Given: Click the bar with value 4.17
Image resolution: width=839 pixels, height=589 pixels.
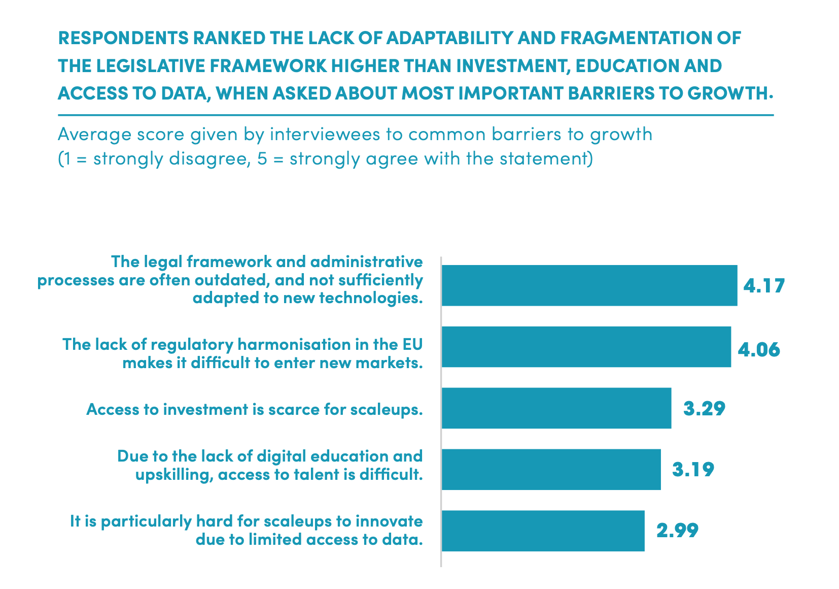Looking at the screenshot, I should (589, 285).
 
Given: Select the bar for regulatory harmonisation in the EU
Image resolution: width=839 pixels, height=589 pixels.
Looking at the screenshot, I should (586, 347).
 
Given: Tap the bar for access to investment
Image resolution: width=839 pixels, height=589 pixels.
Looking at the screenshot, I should (556, 408).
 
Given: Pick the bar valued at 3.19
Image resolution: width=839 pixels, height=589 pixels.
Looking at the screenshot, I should (551, 470).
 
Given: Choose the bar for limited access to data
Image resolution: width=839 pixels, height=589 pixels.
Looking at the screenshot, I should (543, 531).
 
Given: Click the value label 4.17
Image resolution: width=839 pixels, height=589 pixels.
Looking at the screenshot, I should (764, 286).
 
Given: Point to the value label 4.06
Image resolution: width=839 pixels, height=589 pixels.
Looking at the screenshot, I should (758, 350).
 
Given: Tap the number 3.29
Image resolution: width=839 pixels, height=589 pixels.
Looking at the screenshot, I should (704, 409).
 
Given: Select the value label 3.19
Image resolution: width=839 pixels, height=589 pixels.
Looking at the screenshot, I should (693, 470).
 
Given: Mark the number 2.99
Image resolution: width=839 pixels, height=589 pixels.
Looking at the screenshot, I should (677, 531).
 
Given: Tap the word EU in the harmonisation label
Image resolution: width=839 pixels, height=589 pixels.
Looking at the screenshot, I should (412, 344).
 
